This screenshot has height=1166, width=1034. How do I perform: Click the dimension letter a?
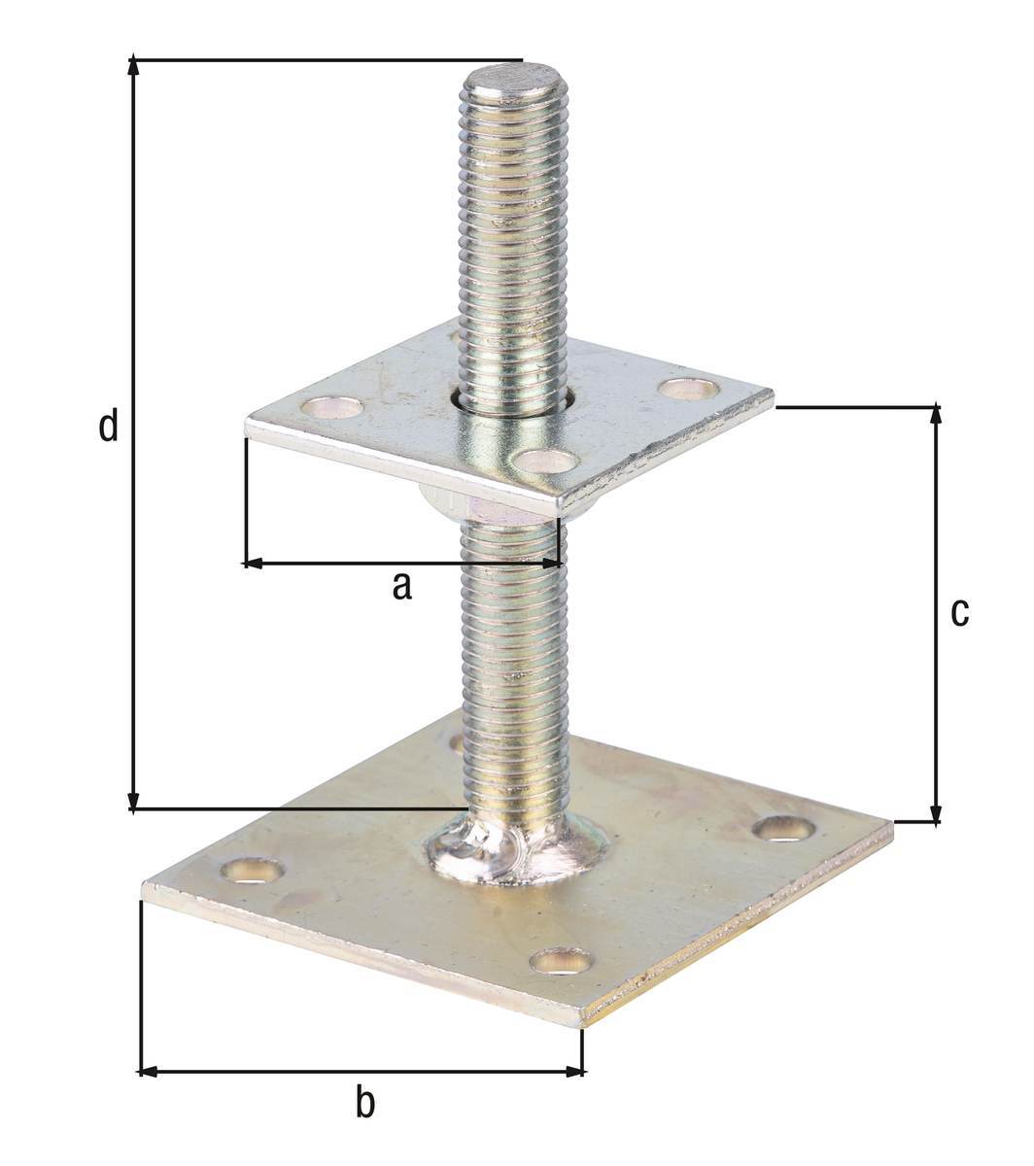[x=401, y=587]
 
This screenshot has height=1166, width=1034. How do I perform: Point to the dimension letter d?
[x=109, y=426]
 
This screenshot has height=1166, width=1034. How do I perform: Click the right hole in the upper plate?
[x=689, y=389]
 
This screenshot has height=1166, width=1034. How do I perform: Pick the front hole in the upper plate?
[x=544, y=460]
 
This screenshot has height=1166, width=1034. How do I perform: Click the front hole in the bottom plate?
[x=561, y=962]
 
